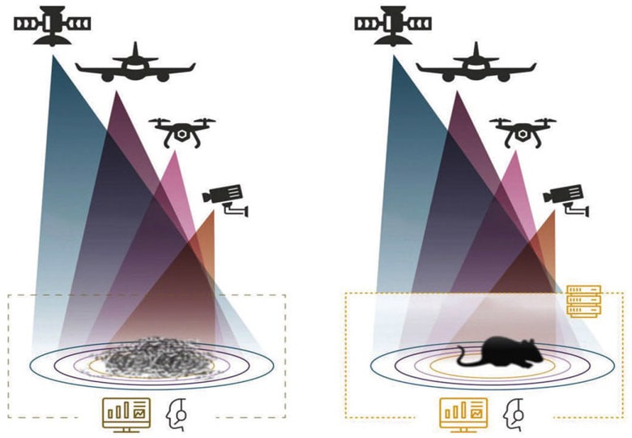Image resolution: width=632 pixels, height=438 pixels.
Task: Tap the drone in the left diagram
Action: [x=181, y=131]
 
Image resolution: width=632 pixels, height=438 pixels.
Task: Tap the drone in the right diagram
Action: [x=521, y=131]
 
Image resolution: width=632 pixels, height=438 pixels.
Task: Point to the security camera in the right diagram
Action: [x=566, y=197]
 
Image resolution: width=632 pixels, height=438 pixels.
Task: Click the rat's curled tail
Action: [x=464, y=356]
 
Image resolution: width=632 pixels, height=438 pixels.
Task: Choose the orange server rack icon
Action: [x=583, y=301]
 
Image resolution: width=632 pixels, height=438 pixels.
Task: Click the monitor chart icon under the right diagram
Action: [x=463, y=414]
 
